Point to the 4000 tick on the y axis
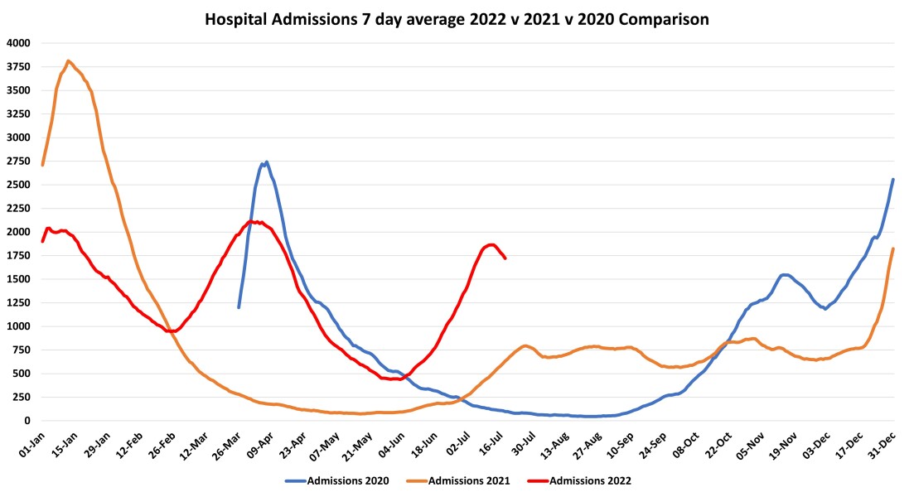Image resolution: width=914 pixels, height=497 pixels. (x=17, y=43)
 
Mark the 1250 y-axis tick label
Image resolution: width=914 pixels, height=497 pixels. (x=17, y=303)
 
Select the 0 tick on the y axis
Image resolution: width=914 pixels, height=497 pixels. (x=26, y=421)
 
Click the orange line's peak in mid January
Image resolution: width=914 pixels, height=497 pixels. (x=68, y=60)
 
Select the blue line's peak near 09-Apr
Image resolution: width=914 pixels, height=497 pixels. (x=266, y=162)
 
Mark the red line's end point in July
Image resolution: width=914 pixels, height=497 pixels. (x=505, y=258)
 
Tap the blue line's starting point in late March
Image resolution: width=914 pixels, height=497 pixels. (x=239, y=307)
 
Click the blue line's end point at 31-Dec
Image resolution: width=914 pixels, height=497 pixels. (x=892, y=179)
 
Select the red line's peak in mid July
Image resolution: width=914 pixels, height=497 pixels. (x=491, y=244)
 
